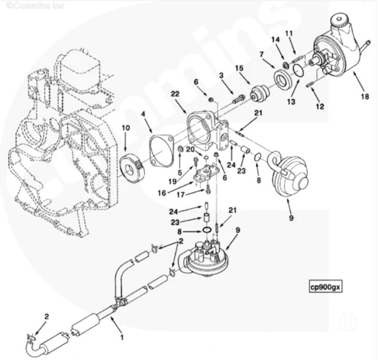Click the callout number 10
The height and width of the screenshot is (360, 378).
[125, 128]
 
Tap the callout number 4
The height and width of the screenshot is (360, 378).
[143, 114]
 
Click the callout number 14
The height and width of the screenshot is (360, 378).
[275, 40]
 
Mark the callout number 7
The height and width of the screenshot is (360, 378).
[261, 54]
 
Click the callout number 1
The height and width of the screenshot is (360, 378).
[122, 337]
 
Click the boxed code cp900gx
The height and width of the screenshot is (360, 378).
[326, 287]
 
